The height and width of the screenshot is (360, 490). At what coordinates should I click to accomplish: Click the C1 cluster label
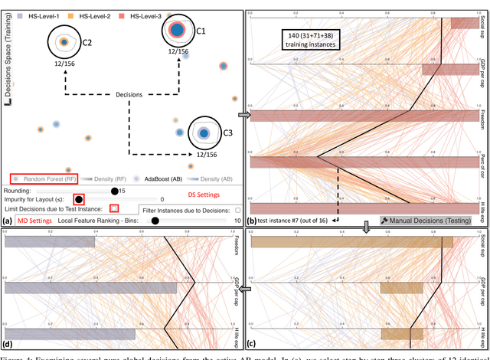pos(201,31)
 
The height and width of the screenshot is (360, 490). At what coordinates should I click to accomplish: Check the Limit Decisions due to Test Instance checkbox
pos(113,208)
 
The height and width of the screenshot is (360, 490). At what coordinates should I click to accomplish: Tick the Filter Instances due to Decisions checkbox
pos(237,208)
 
